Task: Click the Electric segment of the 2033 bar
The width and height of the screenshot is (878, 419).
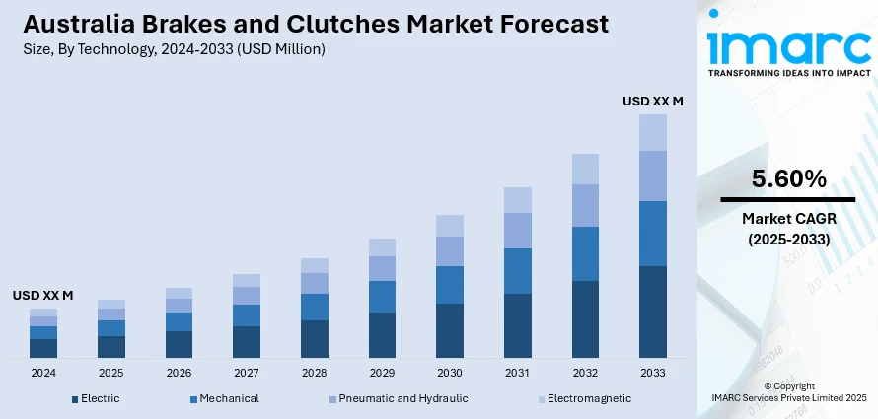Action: coord(653,312)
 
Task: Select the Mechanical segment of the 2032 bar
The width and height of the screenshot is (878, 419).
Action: coord(585,253)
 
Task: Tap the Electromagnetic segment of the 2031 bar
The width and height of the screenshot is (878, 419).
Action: coord(517,200)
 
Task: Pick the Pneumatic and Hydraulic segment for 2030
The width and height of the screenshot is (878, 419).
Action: coord(450,251)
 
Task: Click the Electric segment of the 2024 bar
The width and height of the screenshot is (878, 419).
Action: coord(43,348)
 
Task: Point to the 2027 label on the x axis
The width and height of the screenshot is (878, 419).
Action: coord(247,374)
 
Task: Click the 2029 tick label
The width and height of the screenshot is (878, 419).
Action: coord(382,374)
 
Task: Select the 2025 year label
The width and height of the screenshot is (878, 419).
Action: coord(111,374)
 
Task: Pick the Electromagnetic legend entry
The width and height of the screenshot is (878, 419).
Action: coord(581,398)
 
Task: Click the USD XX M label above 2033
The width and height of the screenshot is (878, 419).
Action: coord(653,101)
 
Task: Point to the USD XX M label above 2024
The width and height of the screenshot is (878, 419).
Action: coord(43,295)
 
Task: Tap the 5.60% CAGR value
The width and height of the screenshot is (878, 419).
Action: coord(788,178)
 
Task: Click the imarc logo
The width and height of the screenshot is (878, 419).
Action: coord(787,46)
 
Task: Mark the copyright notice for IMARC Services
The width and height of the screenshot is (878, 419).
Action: coord(788,391)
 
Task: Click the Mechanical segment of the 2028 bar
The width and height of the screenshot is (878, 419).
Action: coord(315,307)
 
